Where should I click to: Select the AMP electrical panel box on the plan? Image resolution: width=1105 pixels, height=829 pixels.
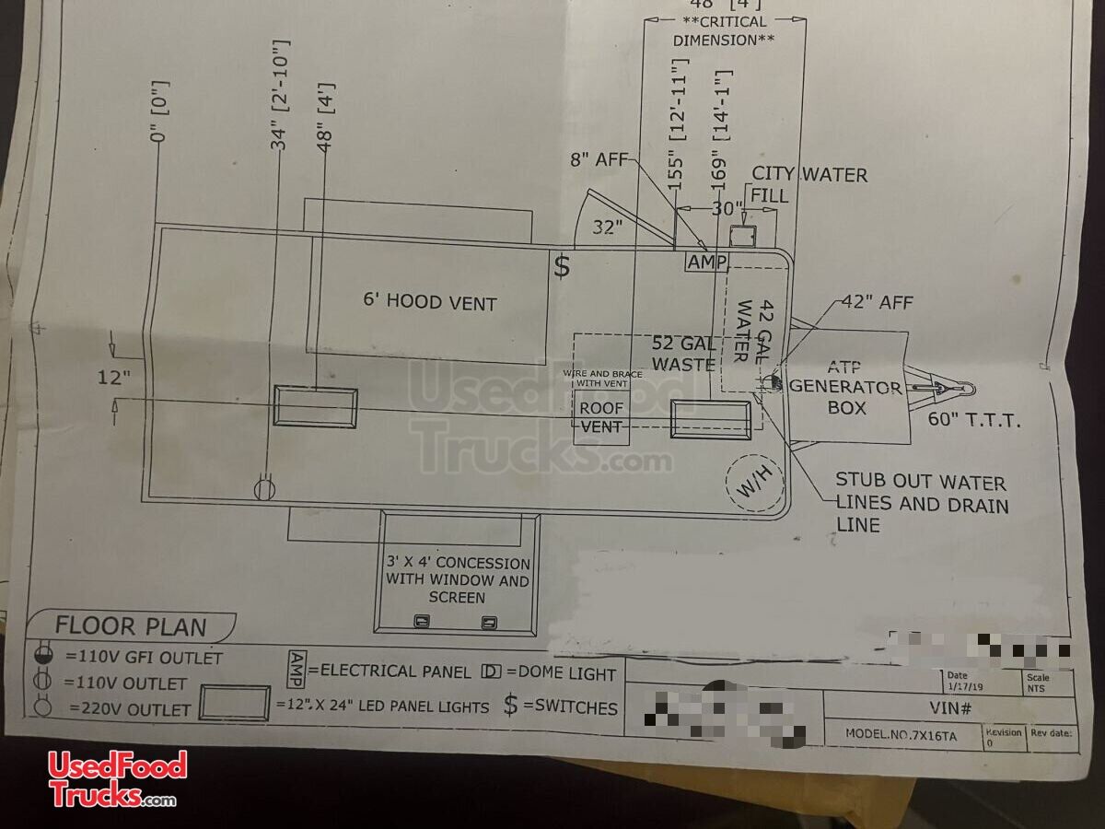pyautogui.click(x=707, y=263)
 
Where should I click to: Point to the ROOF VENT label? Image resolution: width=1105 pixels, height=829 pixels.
pyautogui.click(x=601, y=417)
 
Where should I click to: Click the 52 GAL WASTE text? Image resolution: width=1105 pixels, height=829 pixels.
pyautogui.click(x=683, y=354)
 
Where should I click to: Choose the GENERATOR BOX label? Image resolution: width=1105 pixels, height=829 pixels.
pyautogui.click(x=845, y=396)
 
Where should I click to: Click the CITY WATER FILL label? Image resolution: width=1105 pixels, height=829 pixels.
pyautogui.click(x=808, y=183)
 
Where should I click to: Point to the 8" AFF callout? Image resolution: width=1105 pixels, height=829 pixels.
pyautogui.click(x=598, y=160)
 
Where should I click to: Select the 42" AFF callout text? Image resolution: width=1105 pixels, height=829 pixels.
pyautogui.click(x=877, y=303)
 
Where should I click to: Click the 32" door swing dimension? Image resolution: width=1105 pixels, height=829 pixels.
pyautogui.click(x=609, y=228)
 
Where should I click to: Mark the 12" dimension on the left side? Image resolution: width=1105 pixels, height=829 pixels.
pyautogui.click(x=115, y=377)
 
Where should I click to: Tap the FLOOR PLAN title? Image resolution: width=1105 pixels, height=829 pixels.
pyautogui.click(x=131, y=626)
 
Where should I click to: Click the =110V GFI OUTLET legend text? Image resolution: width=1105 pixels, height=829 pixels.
pyautogui.click(x=144, y=658)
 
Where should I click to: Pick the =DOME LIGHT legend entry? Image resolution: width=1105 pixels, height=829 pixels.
pyautogui.click(x=550, y=672)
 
